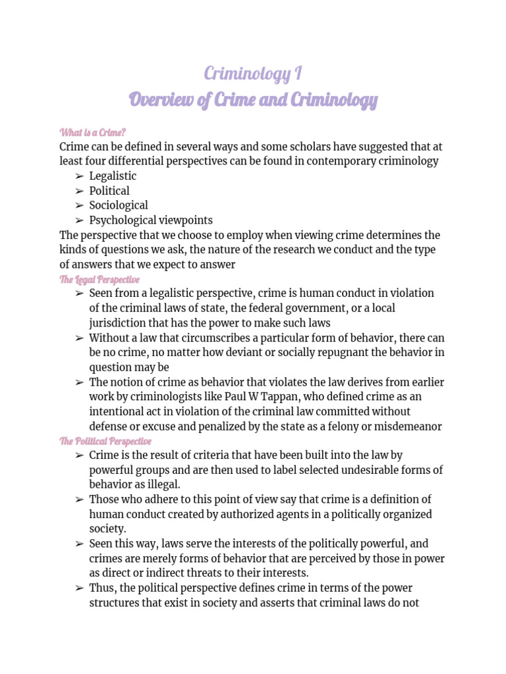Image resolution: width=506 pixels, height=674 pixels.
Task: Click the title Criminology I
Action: click(x=253, y=74)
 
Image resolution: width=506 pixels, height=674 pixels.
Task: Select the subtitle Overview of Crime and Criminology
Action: click(x=253, y=100)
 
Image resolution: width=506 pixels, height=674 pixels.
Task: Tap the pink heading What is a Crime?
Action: click(x=92, y=132)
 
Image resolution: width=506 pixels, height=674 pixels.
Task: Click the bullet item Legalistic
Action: click(x=113, y=176)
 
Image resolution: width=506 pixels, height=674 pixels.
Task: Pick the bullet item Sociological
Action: click(x=119, y=205)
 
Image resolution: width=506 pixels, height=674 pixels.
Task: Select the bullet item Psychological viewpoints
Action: click(x=151, y=220)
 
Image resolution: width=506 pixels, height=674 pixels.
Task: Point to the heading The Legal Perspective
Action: click(x=99, y=279)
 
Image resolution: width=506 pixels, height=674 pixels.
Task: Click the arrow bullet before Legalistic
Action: click(x=79, y=176)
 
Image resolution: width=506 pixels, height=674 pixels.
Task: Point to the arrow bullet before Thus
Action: click(x=79, y=588)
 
